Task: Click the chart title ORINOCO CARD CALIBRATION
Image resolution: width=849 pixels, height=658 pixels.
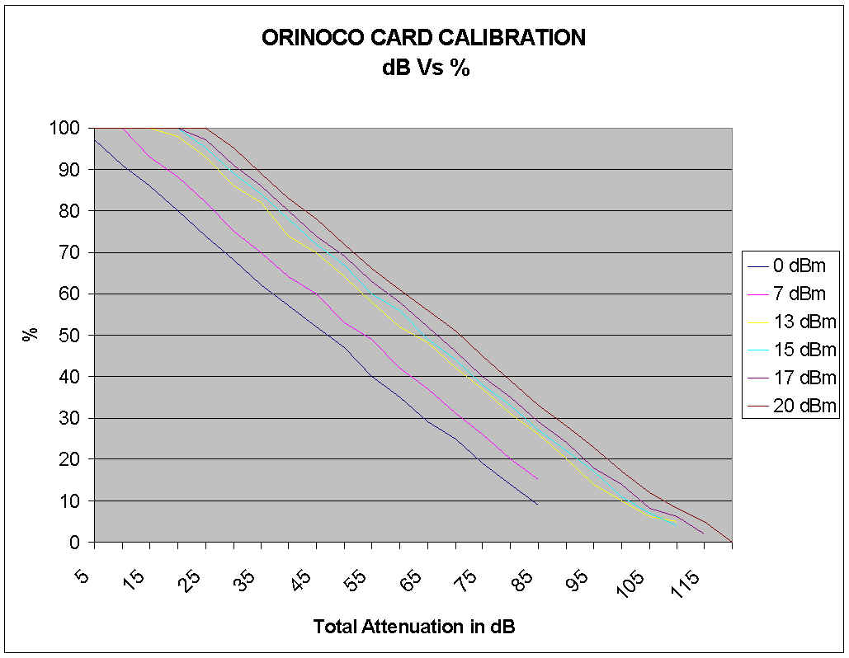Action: click(423, 38)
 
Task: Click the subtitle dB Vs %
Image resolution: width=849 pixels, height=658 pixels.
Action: click(425, 68)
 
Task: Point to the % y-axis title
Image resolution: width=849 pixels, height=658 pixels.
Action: click(31, 335)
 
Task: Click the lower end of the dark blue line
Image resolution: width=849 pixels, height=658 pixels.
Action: click(537, 503)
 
